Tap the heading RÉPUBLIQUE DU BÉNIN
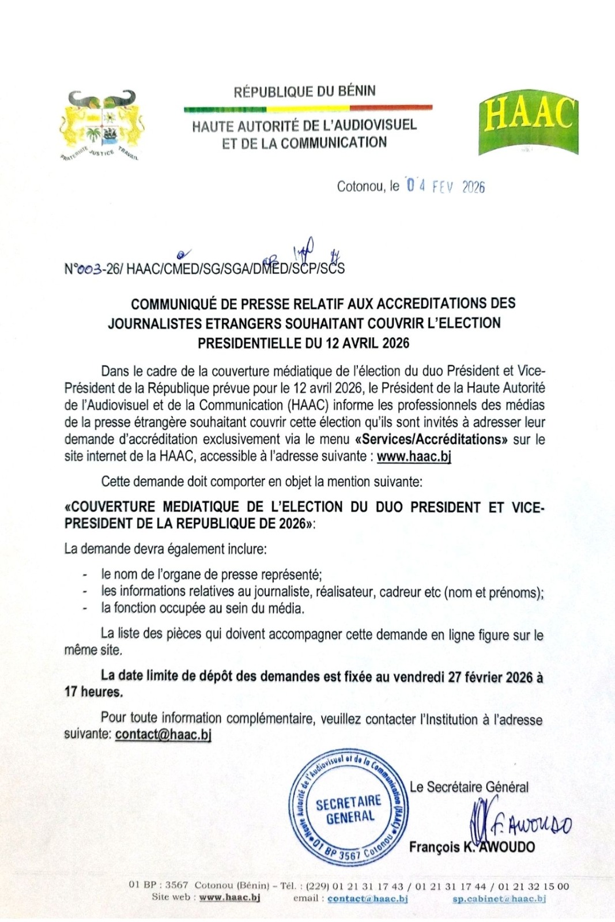click(304, 91)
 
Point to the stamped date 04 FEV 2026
click(445, 186)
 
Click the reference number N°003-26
click(92, 269)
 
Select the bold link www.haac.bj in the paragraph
click(414, 457)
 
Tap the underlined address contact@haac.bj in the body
click(163, 734)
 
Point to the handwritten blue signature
click(519, 824)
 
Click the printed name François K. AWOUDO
click(471, 847)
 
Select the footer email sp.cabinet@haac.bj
click(499, 898)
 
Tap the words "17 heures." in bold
click(93, 691)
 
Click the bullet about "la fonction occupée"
click(202, 607)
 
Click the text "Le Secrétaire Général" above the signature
click(469, 787)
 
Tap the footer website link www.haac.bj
click(229, 898)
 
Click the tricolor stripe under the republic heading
click(308, 108)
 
